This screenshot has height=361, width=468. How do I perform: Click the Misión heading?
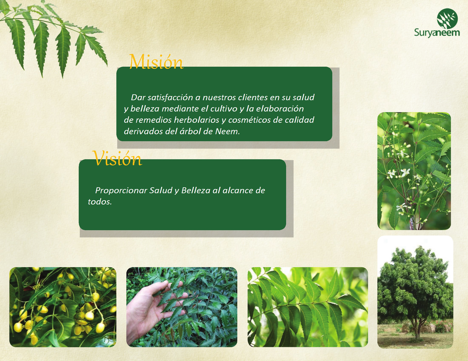point(156,62)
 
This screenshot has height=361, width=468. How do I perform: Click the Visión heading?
point(117,158)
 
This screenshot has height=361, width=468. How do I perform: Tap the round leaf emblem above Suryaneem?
point(447,19)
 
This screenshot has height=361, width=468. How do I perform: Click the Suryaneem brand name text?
point(437,33)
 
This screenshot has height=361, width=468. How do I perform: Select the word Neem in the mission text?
point(227,131)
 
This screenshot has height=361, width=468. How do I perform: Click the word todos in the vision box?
point(100,202)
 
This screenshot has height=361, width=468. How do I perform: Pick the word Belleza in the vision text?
point(196,190)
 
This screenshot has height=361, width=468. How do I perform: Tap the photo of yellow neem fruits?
point(63,307)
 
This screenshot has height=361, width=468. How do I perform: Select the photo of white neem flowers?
point(414,171)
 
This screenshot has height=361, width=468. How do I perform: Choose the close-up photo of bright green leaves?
point(308,307)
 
